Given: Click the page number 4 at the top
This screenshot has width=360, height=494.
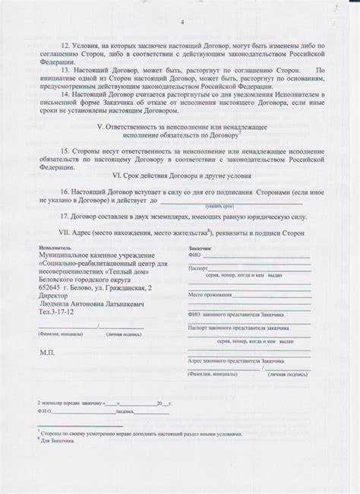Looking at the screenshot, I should pyautogui.click(x=182, y=23).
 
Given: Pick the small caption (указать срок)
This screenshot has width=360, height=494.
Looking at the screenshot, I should pyautogui.click(x=219, y=206).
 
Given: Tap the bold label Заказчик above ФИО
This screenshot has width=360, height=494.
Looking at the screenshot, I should pyautogui.click(x=200, y=248).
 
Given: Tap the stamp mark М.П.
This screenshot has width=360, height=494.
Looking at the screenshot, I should pyautogui.click(x=47, y=353).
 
